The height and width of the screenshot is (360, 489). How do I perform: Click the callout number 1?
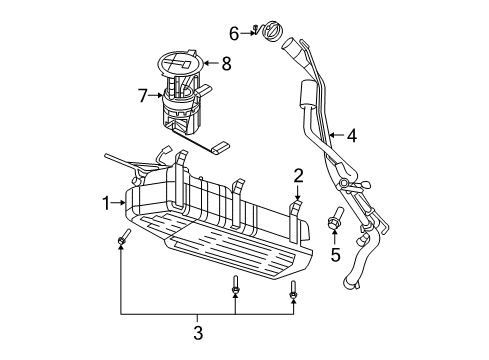click(107, 202)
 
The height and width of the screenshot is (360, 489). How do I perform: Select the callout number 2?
click(297, 177)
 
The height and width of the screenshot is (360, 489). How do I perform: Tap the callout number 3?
click(198, 332)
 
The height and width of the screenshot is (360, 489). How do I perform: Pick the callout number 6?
click(234, 33)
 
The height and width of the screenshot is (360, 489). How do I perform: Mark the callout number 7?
click(143, 96)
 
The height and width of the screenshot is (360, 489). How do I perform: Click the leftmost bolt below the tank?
click(122, 241)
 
